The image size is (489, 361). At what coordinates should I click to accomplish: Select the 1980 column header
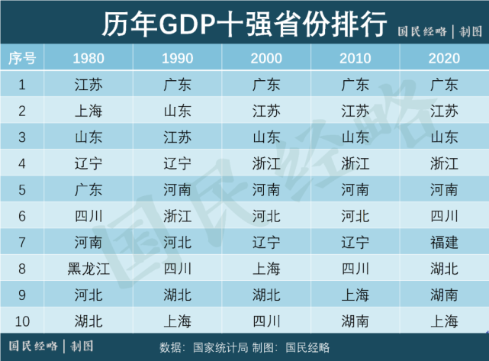tap(89, 58)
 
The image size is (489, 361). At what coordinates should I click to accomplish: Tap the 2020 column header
tap(444, 58)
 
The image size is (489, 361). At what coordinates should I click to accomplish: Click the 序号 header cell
tap(22, 58)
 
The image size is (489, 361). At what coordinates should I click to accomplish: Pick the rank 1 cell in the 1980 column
tap(89, 85)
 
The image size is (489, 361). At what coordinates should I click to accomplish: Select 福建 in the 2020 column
tap(444, 242)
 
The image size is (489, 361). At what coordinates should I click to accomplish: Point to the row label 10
tap(22, 321)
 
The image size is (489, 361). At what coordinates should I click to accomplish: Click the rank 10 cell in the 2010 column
tap(355, 321)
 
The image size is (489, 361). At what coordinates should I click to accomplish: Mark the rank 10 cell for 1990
tap(178, 321)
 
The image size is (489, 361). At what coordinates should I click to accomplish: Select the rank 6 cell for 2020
tap(444, 216)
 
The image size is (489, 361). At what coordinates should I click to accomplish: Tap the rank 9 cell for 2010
tap(355, 295)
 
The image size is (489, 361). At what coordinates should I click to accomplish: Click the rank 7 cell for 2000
tap(267, 242)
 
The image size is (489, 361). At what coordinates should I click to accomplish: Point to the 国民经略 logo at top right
tap(441, 31)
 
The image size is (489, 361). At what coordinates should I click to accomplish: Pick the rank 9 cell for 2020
tap(444, 295)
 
